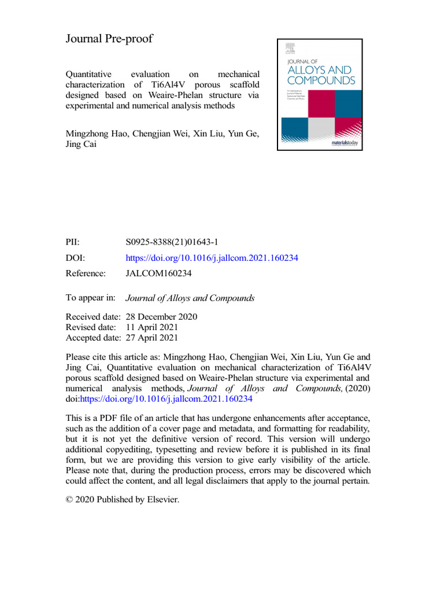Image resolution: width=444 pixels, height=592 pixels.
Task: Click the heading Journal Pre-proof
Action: (x=109, y=39)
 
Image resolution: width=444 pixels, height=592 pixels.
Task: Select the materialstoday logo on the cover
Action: (x=346, y=143)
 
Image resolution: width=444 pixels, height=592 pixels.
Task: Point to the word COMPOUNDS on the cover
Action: (x=321, y=81)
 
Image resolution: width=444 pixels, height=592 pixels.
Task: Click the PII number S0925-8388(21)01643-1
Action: (x=171, y=243)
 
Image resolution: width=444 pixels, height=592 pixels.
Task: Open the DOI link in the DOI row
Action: (x=212, y=258)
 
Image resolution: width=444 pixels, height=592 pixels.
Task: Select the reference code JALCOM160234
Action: (x=158, y=273)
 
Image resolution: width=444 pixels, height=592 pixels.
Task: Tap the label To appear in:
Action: (x=91, y=298)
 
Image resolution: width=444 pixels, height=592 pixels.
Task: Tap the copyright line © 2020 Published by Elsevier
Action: (x=123, y=499)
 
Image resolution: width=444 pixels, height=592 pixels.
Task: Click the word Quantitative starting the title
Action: (x=90, y=74)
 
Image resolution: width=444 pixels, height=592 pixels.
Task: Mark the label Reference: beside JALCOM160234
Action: (x=86, y=273)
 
